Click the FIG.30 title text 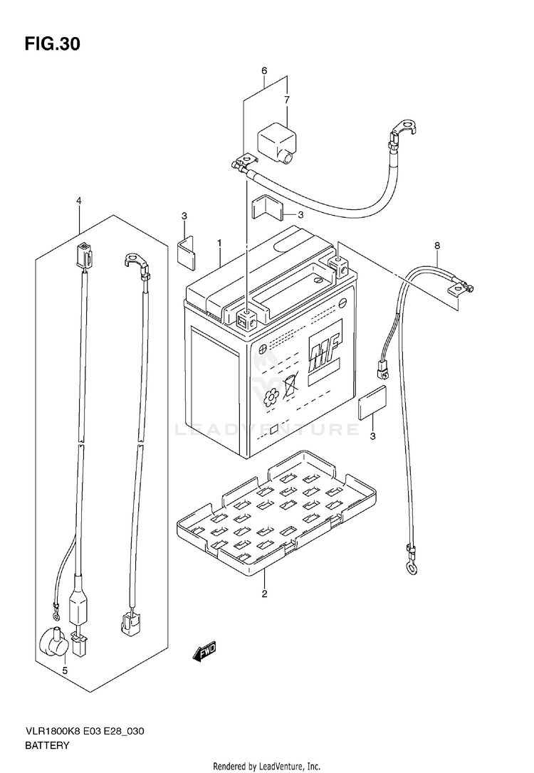[x=52, y=44]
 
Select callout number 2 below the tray [x=264, y=594]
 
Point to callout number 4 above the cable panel [x=79, y=201]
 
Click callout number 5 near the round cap [x=65, y=671]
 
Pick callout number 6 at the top [x=264, y=70]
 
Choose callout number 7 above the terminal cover [x=287, y=100]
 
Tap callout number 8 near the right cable [x=437, y=246]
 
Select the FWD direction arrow [x=204, y=651]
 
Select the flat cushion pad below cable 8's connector [x=374, y=403]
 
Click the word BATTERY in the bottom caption [x=46, y=746]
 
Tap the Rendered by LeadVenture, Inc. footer [x=267, y=766]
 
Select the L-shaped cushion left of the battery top [x=187, y=251]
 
